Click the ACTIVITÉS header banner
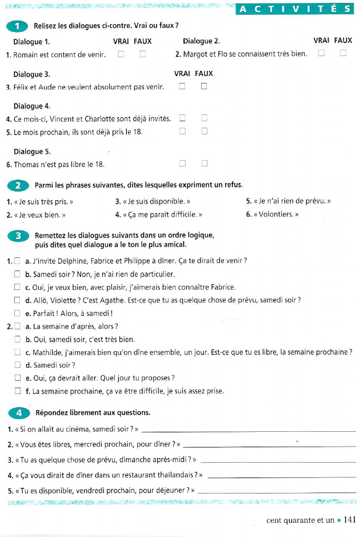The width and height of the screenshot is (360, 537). [x=295, y=9]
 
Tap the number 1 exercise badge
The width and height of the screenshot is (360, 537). [x=18, y=26]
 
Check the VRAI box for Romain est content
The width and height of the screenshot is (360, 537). [x=121, y=54]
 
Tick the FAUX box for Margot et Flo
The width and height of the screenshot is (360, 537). [x=343, y=53]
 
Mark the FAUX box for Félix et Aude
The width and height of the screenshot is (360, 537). [x=204, y=86]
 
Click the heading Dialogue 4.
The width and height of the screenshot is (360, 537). [x=32, y=106]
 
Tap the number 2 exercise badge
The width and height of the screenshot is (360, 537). [x=18, y=185]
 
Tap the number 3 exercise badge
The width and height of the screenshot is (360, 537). [x=18, y=236]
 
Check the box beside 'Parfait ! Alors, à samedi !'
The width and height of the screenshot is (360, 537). [x=17, y=313]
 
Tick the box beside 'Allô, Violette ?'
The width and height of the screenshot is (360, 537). [x=17, y=300]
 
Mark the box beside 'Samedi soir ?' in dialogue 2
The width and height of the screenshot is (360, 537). [x=17, y=365]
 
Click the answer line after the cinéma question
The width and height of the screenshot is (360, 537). [x=248, y=430]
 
